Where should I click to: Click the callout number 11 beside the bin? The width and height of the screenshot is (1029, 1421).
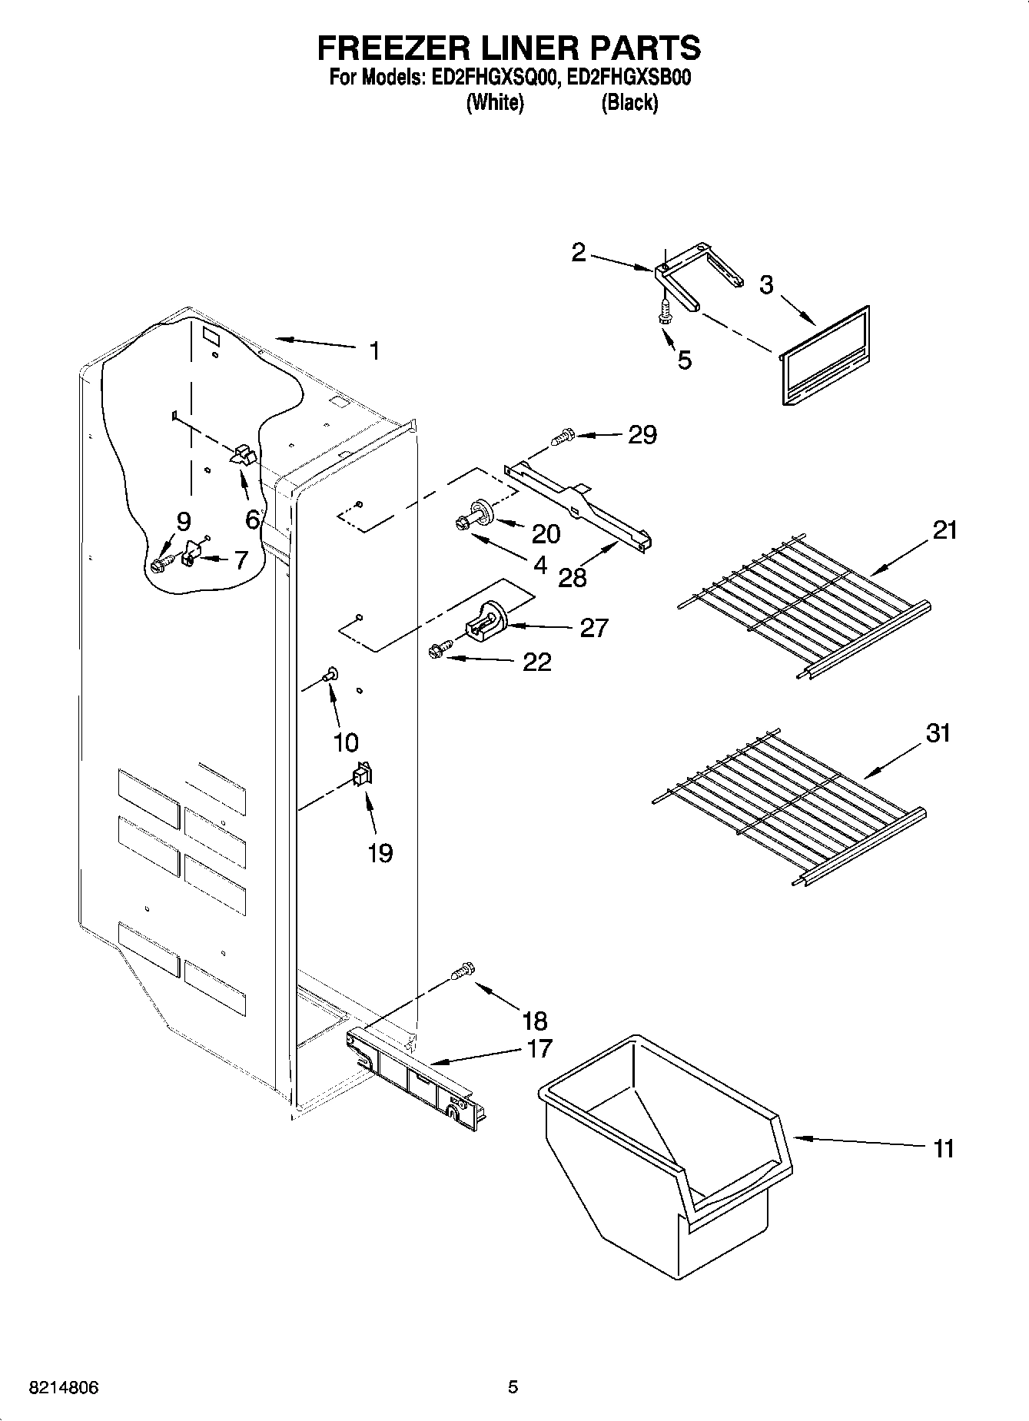[943, 1148]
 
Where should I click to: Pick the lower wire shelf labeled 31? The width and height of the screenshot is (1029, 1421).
[788, 807]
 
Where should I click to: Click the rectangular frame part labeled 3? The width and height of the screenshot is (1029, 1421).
[824, 354]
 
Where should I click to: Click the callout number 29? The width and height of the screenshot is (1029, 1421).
[642, 435]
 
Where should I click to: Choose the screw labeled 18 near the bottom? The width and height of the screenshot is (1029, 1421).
[463, 971]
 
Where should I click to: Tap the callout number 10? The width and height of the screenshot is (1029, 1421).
[346, 742]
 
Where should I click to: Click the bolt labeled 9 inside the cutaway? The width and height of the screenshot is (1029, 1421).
[160, 565]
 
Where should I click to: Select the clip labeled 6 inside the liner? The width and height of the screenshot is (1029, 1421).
[242, 454]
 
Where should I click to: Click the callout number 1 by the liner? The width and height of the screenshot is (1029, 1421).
[374, 351]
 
